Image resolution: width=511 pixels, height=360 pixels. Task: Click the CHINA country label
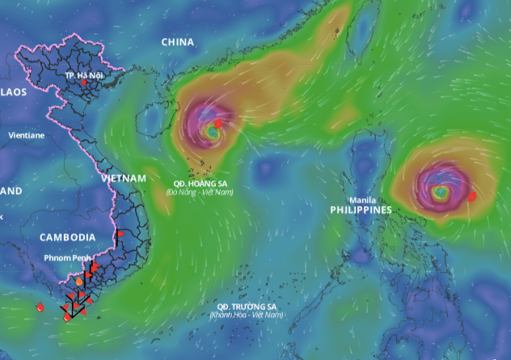click(x=178, y=41)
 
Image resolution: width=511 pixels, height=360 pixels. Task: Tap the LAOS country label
click(x=14, y=92)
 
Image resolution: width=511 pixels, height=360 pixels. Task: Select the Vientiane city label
click(x=27, y=135)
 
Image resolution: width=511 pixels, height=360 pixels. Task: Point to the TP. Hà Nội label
click(x=82, y=74)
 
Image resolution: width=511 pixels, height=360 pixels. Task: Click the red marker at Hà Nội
click(x=83, y=83)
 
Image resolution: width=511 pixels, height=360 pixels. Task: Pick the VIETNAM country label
click(x=124, y=178)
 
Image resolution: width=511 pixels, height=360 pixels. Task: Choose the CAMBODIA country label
click(x=68, y=237)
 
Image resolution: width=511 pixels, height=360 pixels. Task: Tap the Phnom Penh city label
click(x=70, y=258)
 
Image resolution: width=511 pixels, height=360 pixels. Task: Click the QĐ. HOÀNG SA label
click(x=200, y=184)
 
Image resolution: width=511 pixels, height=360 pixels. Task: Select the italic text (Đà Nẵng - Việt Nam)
click(x=200, y=193)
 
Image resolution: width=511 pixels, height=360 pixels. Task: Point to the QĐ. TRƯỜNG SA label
click(x=247, y=307)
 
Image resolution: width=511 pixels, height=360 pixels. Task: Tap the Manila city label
click(x=362, y=200)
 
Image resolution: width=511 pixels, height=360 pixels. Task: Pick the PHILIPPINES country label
click(x=361, y=210)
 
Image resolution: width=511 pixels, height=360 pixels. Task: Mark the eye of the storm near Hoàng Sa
click(x=212, y=129)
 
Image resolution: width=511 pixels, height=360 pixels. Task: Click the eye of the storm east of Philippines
click(x=440, y=193)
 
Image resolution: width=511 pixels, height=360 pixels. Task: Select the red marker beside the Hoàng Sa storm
click(x=218, y=124)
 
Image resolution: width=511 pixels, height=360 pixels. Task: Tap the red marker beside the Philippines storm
click(x=472, y=196)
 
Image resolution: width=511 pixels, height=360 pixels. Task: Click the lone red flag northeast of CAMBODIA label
click(x=120, y=234)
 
